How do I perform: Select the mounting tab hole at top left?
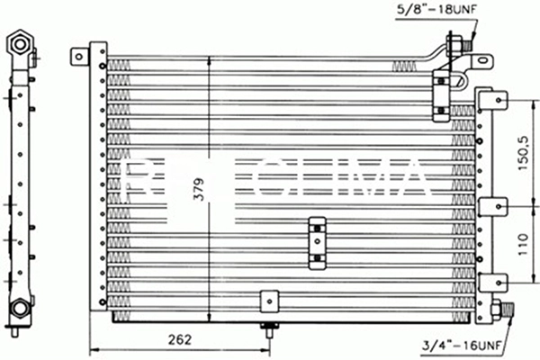pyautogui.click(x=80, y=55)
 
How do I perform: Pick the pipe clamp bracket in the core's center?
pyautogui.click(x=318, y=242)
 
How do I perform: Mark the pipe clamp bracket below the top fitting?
pyautogui.click(x=440, y=97)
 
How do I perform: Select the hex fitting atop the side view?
pyautogui.click(x=19, y=42)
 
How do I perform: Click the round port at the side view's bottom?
pyautogui.click(x=19, y=310)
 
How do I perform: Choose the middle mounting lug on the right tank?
pyautogui.click(x=490, y=207)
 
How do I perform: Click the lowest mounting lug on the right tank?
pyautogui.click(x=490, y=282)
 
